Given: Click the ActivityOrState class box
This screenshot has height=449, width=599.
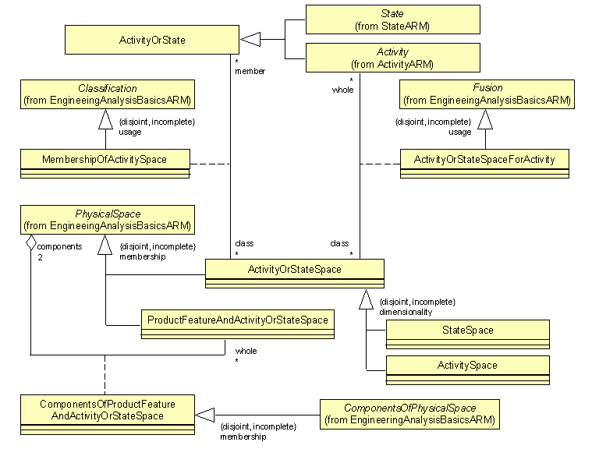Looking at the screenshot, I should (152, 40).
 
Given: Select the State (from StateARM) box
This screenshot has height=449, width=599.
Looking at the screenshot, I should (392, 19).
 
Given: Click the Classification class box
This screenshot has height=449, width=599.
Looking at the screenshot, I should (108, 94).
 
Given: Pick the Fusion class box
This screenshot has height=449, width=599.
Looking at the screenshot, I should (487, 94).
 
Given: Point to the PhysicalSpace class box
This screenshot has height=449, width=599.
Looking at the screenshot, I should (108, 221).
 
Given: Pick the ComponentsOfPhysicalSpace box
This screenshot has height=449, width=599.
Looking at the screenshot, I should (409, 413).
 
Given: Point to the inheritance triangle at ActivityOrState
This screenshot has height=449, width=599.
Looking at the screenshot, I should (249, 39).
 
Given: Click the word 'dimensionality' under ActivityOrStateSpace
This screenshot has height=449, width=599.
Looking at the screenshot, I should (405, 312).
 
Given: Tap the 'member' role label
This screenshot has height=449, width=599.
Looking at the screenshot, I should (250, 71).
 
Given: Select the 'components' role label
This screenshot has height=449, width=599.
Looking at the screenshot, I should (54, 246).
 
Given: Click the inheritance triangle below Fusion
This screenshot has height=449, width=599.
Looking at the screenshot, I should (486, 118).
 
